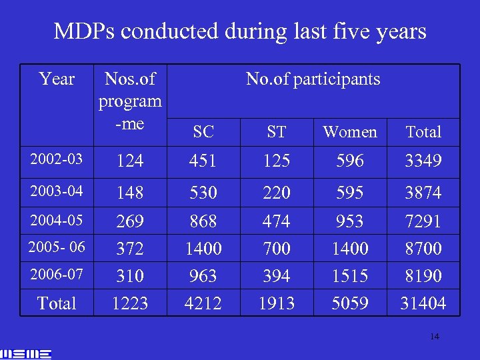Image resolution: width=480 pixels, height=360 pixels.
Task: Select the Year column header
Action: click(57, 79)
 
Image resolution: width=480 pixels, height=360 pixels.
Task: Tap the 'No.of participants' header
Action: click(313, 79)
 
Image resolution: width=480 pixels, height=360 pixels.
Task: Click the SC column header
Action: click(203, 132)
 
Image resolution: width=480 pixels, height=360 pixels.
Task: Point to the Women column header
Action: click(350, 132)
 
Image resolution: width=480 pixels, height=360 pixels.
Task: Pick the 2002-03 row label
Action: click(57, 159)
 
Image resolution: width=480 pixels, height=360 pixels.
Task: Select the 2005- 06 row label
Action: click(57, 247)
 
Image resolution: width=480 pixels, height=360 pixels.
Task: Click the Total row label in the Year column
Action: click(57, 303)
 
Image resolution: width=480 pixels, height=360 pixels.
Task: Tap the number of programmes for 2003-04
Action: click(130, 193)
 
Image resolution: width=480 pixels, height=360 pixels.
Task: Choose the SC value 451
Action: click(203, 161)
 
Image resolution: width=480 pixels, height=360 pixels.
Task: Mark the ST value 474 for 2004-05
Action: click(277, 221)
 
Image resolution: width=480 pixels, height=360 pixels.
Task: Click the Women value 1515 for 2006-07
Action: click(350, 276)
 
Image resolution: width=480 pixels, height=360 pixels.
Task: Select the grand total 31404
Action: click(423, 304)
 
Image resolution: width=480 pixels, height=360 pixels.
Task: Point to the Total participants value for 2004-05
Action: click(423, 221)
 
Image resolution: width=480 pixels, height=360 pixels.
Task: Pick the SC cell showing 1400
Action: click(203, 249)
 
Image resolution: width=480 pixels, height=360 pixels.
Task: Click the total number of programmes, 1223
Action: click(130, 304)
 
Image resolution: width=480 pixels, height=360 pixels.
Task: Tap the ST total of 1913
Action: click(277, 304)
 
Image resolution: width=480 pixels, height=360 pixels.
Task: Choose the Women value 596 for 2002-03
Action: click(350, 161)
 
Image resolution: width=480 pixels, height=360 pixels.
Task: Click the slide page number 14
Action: click(434, 337)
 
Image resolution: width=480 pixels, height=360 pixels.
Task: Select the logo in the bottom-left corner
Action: click(27, 353)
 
